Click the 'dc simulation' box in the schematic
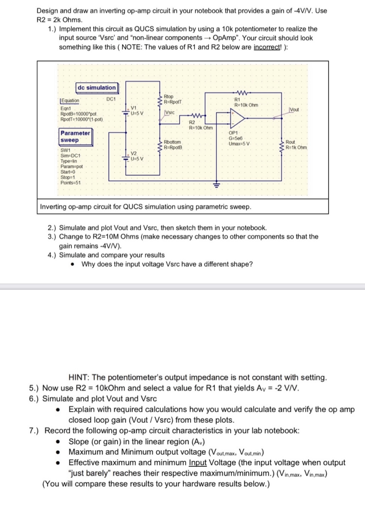tap(96, 87)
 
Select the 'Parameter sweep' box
tap(75, 137)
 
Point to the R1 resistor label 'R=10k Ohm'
tap(246, 105)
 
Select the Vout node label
tap(294, 110)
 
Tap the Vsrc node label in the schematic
tap(170, 112)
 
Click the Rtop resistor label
tap(169, 97)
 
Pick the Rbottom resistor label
tap(172, 142)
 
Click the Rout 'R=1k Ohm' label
tap(296, 147)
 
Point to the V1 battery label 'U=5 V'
tap(137, 113)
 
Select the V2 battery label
tap(134, 153)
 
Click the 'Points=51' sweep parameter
tap(70, 183)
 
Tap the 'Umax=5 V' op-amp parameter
tap(239, 144)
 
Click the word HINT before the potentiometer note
tap(79, 377)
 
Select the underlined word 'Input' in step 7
tap(198, 463)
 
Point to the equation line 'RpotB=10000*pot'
tap(78, 114)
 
